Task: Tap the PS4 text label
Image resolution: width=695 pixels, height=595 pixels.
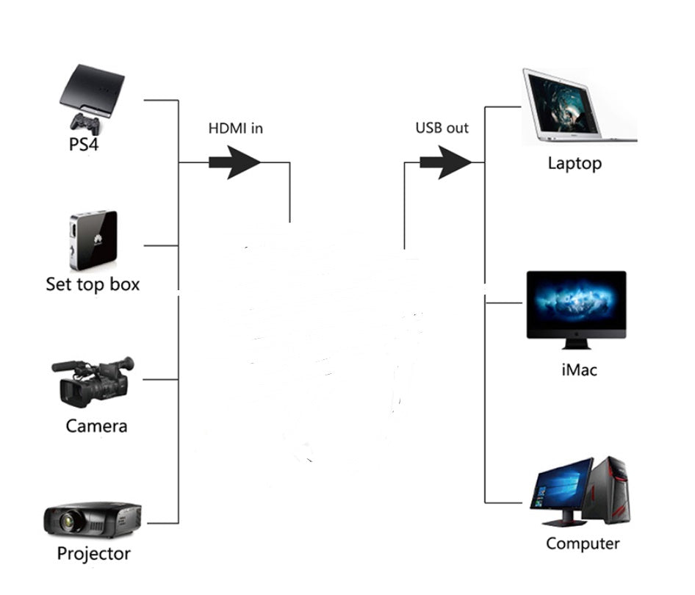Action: tap(83, 143)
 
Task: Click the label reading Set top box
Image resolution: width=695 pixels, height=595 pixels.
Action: tap(93, 284)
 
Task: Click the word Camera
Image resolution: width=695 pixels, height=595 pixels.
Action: tap(96, 426)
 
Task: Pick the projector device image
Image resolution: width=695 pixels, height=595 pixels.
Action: tap(92, 519)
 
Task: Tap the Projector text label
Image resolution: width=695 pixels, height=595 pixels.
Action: tap(93, 554)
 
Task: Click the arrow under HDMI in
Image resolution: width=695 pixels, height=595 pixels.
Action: tap(234, 162)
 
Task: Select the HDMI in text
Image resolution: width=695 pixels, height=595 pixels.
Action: tap(236, 128)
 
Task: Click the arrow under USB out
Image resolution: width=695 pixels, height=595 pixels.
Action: tap(445, 162)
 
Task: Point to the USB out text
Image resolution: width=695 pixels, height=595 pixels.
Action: tap(442, 128)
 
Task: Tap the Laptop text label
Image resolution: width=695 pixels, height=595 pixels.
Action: tap(574, 164)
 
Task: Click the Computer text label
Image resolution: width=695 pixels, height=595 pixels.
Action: tap(583, 544)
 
